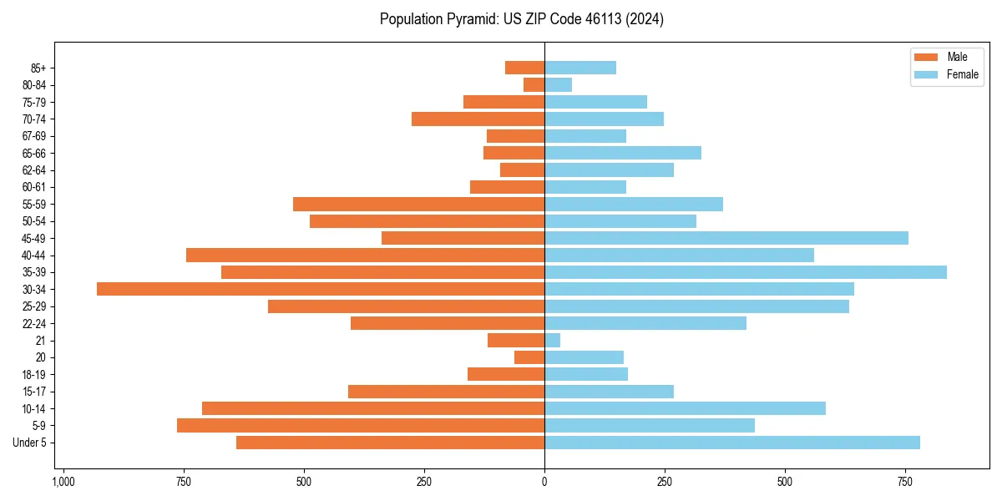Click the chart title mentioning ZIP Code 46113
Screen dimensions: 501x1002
tap(521, 19)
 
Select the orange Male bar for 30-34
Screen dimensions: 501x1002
tap(321, 289)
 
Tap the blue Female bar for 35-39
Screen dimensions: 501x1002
tap(746, 272)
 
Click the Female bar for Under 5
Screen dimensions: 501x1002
tap(732, 443)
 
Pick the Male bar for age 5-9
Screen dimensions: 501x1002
tap(361, 426)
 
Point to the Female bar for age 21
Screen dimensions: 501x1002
tap(553, 341)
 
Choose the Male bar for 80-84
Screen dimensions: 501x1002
tap(534, 85)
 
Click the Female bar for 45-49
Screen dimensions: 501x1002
tap(726, 238)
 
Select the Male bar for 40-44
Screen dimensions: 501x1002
tap(366, 256)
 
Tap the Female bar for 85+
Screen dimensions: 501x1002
tap(580, 68)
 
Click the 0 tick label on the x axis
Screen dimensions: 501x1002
tap(544, 482)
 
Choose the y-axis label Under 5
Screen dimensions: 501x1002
tap(30, 443)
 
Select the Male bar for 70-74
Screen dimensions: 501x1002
tap(478, 119)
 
